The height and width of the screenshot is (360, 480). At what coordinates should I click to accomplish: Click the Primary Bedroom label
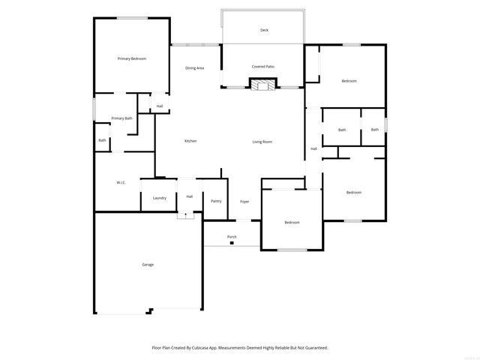point(131,58)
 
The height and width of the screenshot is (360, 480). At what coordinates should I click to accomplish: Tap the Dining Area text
point(195,68)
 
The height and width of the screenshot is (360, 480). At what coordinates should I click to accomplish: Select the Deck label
point(264,30)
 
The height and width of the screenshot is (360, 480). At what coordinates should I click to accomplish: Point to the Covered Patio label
point(262,67)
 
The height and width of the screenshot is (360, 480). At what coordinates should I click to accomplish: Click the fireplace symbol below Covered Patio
point(262,84)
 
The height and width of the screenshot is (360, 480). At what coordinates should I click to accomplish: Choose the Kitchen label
point(190,141)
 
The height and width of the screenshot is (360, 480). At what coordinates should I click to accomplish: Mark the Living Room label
point(262,141)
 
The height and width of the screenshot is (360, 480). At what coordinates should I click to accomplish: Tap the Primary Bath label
point(121,118)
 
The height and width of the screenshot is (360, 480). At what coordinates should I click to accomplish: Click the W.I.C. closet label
point(121,182)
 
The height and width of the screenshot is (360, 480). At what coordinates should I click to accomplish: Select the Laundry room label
point(159,198)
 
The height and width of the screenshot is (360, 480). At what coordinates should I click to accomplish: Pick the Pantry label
point(216,201)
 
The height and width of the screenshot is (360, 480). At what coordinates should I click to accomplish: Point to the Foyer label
point(244,202)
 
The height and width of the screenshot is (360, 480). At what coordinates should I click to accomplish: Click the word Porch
point(232,237)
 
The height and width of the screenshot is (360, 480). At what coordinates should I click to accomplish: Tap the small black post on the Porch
point(232,243)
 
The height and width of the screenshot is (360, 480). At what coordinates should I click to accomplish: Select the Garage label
point(148,265)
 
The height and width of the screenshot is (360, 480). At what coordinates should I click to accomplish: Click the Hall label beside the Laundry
point(190,196)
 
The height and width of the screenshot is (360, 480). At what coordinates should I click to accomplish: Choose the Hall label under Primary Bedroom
point(160,106)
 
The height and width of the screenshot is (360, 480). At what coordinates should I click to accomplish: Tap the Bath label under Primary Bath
point(102,140)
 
